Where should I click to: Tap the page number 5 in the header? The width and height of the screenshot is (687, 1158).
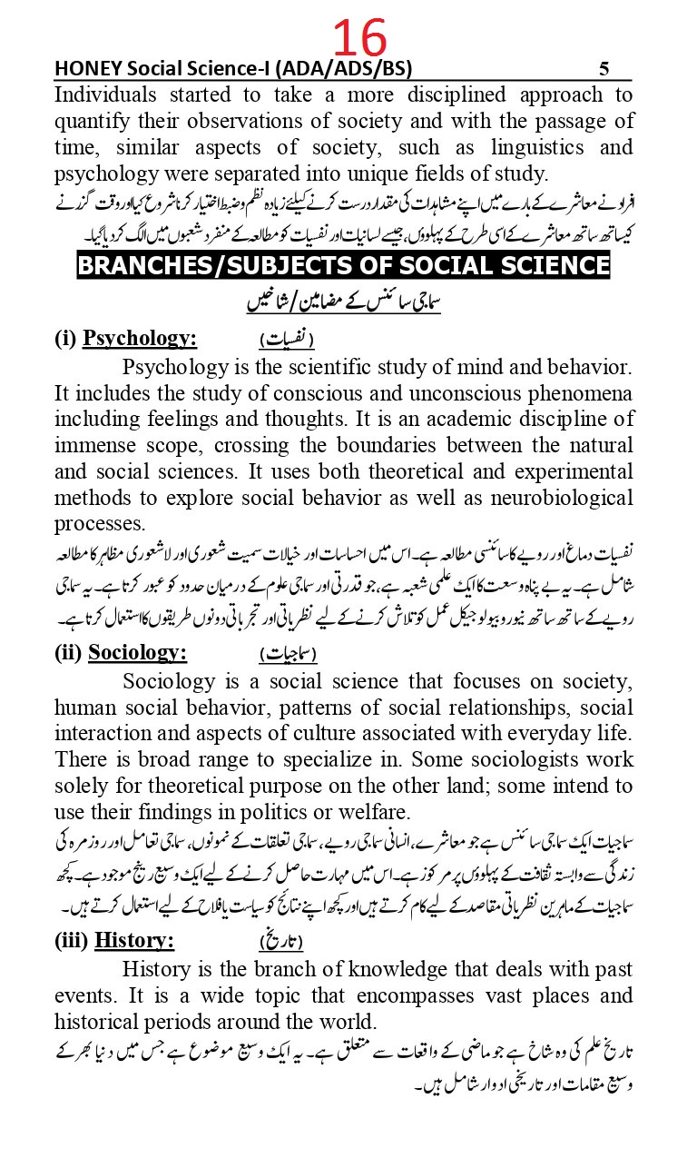pyautogui.click(x=604, y=69)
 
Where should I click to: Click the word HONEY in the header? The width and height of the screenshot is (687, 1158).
pyautogui.click(x=85, y=69)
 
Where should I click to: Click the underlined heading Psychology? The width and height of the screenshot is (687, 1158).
pyautogui.click(x=140, y=339)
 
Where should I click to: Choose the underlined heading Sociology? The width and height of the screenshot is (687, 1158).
pyautogui.click(x=137, y=653)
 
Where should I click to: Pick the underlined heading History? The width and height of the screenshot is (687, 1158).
pyautogui.click(x=134, y=942)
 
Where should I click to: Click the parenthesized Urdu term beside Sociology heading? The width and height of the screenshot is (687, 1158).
pyautogui.click(x=288, y=654)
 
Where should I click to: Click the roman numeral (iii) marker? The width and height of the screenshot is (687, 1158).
pyautogui.click(x=71, y=942)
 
